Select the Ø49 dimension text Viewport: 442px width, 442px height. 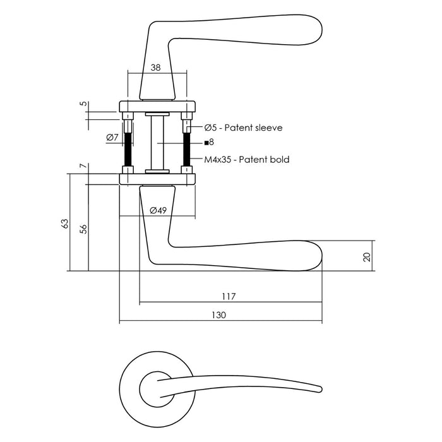pos(157,210)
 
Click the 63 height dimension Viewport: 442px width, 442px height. pos(64,224)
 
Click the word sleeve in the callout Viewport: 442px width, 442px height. pos(267,128)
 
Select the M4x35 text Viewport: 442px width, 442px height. pos(218,160)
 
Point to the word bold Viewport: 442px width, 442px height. pos(279,160)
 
